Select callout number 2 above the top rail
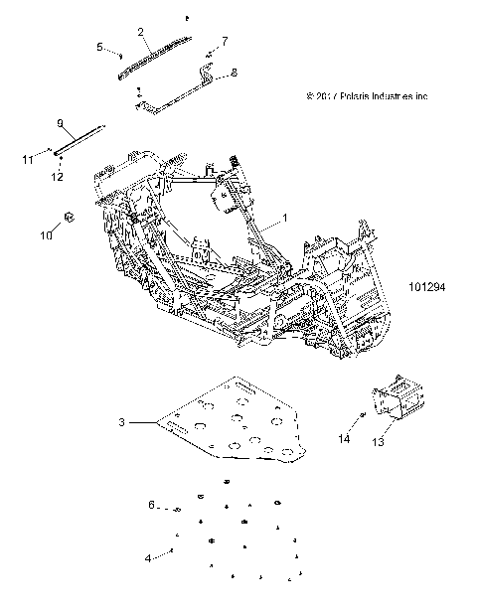[x=142, y=32]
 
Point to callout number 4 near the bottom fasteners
[x=148, y=558]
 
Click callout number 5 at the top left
[x=99, y=47]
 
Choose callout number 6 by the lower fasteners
[x=151, y=505]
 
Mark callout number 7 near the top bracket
[x=225, y=41]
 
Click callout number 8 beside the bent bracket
[x=235, y=73]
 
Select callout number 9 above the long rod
[x=60, y=123]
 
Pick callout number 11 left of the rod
[x=27, y=158]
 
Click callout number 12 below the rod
[x=58, y=177]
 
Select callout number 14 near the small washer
[x=344, y=438]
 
